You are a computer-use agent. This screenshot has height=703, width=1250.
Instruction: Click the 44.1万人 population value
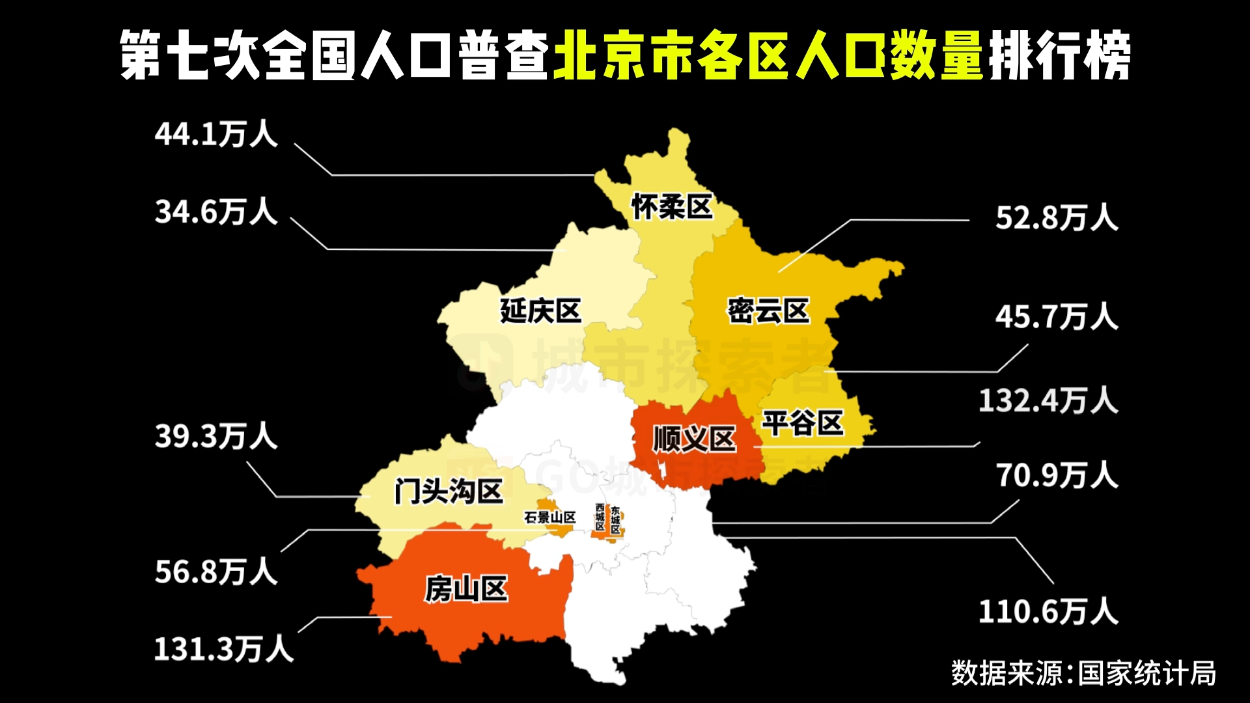pos(216,134)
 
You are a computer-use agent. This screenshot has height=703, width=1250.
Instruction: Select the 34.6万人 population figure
pos(216,212)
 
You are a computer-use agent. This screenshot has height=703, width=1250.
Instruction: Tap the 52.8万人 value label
pos(1057,217)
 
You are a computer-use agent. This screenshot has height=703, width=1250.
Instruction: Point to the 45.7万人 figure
pos(1057,317)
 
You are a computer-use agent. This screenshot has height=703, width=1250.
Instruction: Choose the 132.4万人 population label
pos(1048,400)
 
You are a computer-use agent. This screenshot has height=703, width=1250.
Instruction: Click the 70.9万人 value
pos(1057,475)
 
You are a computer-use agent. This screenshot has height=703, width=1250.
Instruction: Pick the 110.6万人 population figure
pos(1048,612)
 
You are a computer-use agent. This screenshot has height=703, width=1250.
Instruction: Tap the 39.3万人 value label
pos(216,436)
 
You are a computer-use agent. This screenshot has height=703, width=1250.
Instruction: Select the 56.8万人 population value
pos(216,572)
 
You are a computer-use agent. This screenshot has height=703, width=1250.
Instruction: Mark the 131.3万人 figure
pos(224,649)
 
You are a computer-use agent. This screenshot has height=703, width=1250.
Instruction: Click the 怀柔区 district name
pos(672,207)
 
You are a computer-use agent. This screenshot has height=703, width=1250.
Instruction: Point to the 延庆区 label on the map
pos(540,310)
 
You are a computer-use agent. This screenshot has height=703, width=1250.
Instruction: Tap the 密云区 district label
pos(768,310)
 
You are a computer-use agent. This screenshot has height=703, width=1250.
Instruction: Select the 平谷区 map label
pos(803,423)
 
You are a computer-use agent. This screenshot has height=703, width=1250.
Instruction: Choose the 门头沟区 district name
pos(449,491)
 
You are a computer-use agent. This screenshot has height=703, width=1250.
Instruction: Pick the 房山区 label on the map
pos(466,589)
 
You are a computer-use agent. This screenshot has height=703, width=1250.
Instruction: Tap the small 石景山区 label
pos(550,517)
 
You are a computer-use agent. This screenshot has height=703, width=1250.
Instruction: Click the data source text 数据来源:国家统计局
pos(1083,673)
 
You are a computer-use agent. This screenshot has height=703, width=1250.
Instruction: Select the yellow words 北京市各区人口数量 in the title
pos(768,55)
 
